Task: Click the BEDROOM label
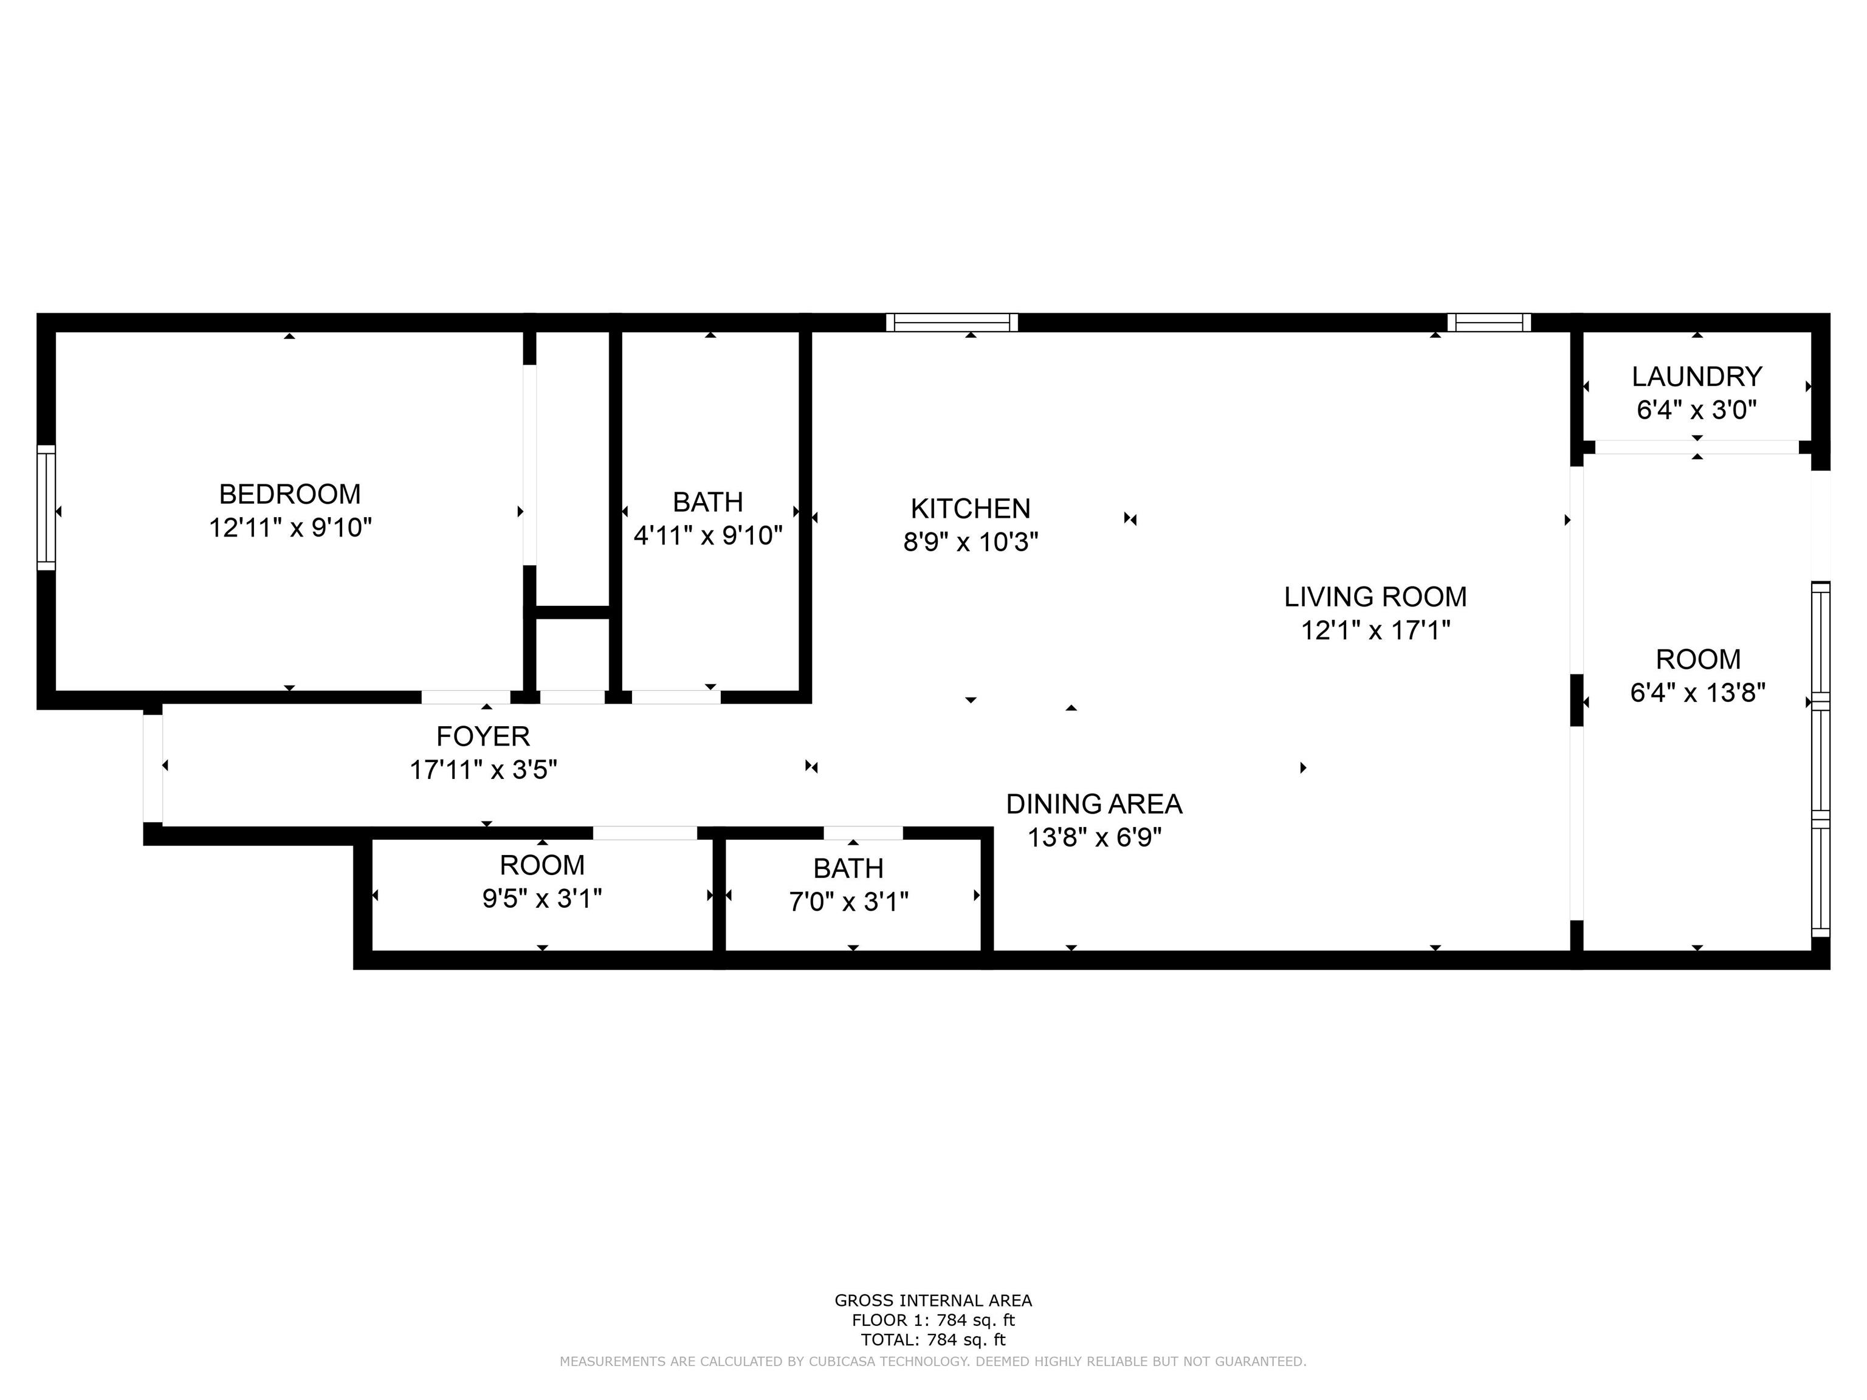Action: coord(289,493)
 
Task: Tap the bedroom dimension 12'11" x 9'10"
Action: coord(291,527)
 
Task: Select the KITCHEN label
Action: coord(971,508)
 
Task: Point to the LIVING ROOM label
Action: coord(1375,597)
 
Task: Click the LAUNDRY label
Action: coord(1696,376)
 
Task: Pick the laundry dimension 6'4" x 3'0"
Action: coord(1696,410)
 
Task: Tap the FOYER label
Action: coord(483,736)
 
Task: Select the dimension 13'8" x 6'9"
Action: coord(1094,838)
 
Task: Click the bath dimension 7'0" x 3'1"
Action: coord(848,902)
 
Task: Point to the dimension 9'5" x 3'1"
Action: coord(542,899)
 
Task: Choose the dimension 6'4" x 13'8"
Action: coord(1697,693)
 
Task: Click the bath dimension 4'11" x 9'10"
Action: coord(708,536)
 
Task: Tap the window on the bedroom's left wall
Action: coord(46,508)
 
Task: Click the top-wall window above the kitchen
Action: coord(952,323)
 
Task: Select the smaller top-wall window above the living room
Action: coord(1489,323)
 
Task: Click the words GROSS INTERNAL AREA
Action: coord(933,1300)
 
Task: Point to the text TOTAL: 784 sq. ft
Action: coord(933,1339)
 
